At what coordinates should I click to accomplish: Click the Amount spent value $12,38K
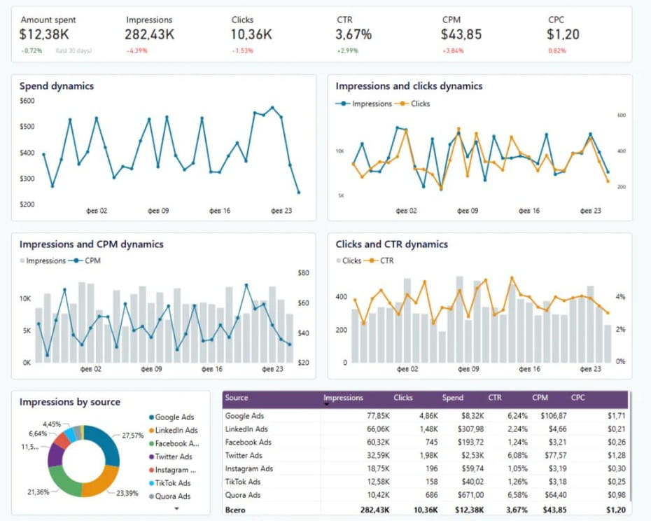[x=44, y=34]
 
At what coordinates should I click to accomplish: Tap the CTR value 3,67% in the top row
[x=353, y=34]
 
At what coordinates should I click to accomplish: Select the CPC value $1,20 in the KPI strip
[x=563, y=34]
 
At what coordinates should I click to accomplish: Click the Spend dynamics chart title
[x=57, y=86]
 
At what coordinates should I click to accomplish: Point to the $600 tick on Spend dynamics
[x=27, y=101]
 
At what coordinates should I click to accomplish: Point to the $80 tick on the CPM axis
[x=304, y=273]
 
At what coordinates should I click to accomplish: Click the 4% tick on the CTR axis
[x=620, y=297]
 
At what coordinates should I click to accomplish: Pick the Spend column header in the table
[x=452, y=398]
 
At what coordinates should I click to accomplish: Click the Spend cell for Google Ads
[x=472, y=415]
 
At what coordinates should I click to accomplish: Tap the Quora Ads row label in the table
[x=242, y=495]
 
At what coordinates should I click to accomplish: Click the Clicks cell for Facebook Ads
[x=431, y=442]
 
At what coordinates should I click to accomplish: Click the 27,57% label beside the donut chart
[x=132, y=436]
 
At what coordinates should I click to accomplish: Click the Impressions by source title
[x=70, y=402]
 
